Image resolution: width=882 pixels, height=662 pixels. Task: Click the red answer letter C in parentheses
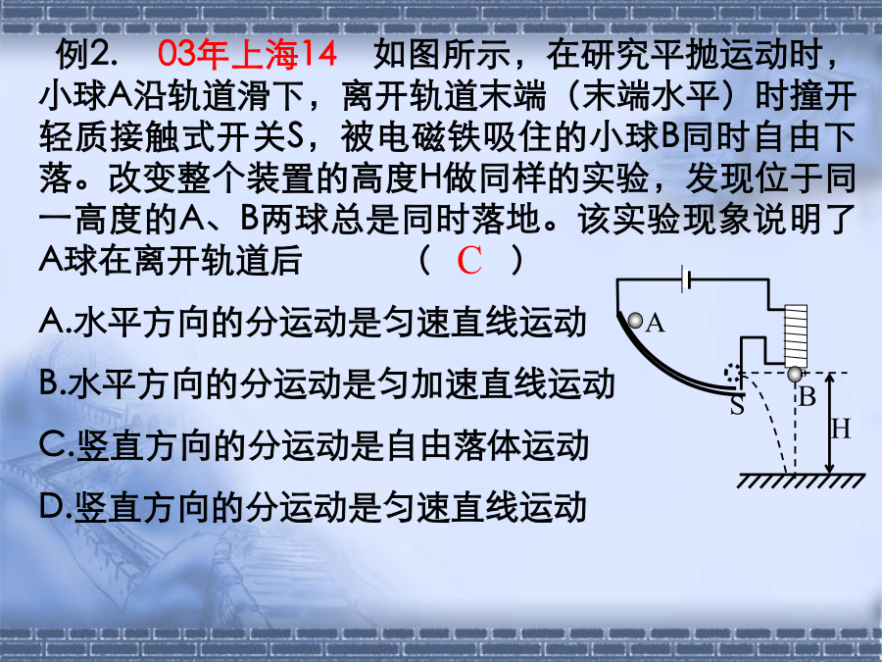click(x=469, y=260)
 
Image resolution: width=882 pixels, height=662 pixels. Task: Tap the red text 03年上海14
click(x=247, y=55)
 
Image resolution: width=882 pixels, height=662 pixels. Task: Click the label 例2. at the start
click(x=87, y=55)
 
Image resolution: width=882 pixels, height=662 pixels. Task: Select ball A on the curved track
click(x=635, y=321)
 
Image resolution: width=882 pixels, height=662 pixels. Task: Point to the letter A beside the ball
click(x=656, y=323)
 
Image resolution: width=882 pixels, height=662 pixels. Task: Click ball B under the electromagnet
click(x=794, y=374)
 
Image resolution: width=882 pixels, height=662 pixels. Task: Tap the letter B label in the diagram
click(x=808, y=397)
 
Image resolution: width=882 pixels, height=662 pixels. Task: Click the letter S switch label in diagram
click(x=737, y=405)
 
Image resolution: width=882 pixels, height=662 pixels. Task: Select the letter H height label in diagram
click(x=841, y=430)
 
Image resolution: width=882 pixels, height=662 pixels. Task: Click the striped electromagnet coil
click(x=796, y=336)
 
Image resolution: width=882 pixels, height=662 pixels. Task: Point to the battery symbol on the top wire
click(x=686, y=280)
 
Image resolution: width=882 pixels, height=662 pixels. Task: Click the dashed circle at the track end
click(x=732, y=374)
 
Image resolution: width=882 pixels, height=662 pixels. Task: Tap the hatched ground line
click(x=801, y=481)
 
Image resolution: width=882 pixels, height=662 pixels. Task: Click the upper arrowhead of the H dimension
click(x=830, y=378)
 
